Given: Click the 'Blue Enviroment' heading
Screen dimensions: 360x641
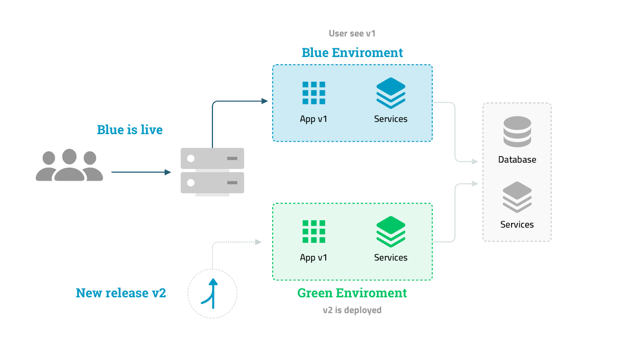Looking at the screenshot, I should tap(352, 52).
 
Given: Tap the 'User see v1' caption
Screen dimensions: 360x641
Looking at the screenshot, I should tap(352, 34).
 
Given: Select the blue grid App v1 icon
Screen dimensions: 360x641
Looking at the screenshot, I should tap(314, 93).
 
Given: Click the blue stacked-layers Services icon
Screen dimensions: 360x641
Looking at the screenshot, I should tap(391, 93).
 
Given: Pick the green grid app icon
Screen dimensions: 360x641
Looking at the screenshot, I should tap(314, 231).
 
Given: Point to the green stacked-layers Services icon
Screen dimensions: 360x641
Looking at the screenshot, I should tap(391, 231).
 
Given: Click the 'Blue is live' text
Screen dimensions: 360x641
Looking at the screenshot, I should tap(129, 130).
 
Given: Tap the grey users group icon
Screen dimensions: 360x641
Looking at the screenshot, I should tap(69, 165).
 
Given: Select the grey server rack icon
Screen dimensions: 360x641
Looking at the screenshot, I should tap(212, 171).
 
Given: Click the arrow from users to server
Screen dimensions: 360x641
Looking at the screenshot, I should tap(140, 172).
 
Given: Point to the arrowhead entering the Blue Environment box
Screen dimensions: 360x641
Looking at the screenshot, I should tap(264, 101).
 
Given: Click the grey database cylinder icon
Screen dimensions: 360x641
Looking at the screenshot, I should tap(517, 131).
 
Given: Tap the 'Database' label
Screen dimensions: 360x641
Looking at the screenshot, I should tap(517, 160).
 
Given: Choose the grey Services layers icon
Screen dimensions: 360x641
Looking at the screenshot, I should tap(517, 197).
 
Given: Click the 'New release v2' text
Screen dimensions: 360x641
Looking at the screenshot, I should tap(121, 293).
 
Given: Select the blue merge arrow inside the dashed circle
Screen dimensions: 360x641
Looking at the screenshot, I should tap(212, 294).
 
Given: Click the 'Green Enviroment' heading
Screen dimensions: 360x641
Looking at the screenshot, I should tap(352, 293).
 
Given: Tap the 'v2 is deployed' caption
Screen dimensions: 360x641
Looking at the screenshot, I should tap(352, 310).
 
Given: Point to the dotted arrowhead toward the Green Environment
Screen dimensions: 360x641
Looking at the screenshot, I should tap(258, 242).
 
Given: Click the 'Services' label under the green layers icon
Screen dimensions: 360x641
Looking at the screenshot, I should tap(391, 257).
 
